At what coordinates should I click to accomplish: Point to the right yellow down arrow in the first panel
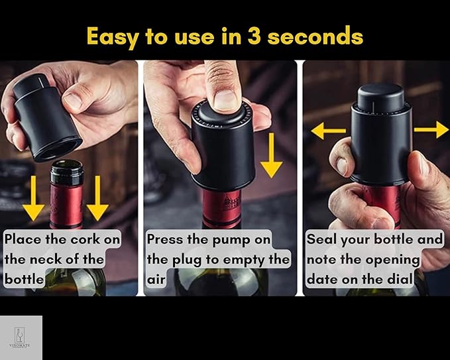coord(97,199)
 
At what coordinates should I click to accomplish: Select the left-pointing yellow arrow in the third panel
coord(327,130)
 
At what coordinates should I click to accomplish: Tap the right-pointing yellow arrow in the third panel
coord(432,129)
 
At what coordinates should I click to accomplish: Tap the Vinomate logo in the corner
coord(21,337)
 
